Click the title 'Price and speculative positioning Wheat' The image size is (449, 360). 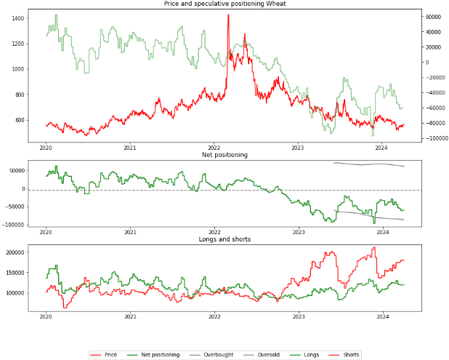(x=224, y=4)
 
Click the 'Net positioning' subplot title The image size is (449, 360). (x=224, y=155)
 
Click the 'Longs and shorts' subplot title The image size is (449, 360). (x=224, y=239)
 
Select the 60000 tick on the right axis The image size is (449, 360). (x=435, y=16)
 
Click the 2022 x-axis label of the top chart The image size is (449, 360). (x=214, y=148)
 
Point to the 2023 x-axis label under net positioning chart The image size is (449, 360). (x=298, y=232)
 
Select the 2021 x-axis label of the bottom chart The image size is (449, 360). (x=129, y=316)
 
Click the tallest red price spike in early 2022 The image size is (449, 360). (x=228, y=15)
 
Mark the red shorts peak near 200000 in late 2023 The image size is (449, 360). (x=374, y=247)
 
